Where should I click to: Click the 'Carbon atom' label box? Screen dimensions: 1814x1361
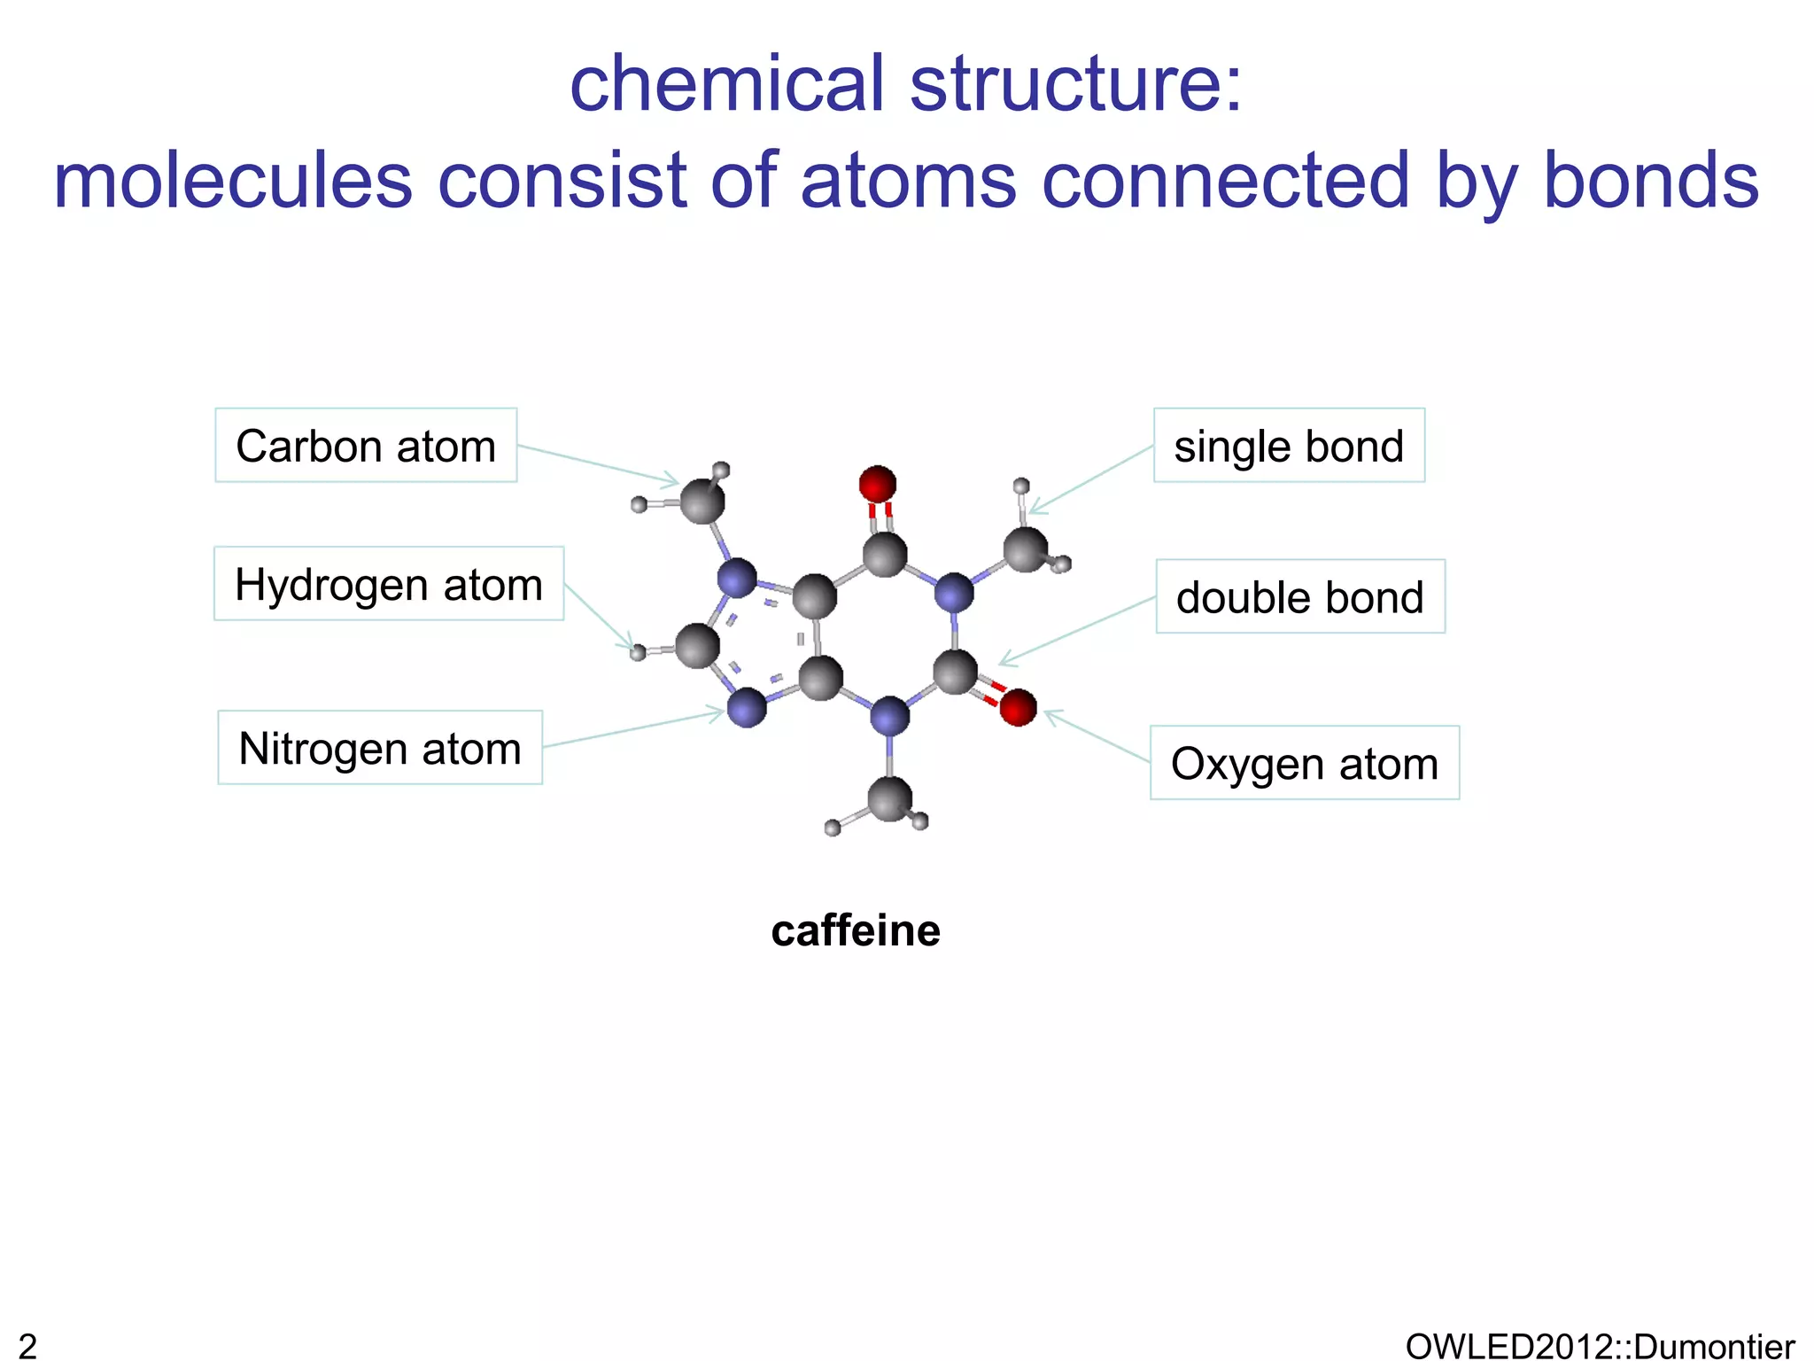pos(366,446)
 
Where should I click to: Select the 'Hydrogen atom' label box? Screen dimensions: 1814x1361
pos(389,584)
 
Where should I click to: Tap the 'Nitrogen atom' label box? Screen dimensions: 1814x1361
pos(380,748)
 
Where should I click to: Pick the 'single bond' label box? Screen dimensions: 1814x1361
pos(1289,446)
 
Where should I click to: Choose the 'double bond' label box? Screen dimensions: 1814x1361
pos(1300,596)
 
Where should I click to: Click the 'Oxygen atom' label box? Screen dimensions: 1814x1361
pos(1305,763)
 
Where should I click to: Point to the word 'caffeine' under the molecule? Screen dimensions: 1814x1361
pos(856,930)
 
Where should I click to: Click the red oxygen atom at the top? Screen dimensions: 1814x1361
pos(878,484)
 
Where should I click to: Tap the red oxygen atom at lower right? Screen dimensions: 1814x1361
pos(1018,707)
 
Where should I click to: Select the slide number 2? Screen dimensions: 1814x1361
pos(27,1346)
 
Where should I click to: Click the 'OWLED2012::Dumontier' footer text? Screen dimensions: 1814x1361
pos(1600,1346)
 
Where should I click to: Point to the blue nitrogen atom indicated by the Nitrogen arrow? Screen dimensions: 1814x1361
pos(747,708)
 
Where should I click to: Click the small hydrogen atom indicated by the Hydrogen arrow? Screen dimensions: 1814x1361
pos(638,653)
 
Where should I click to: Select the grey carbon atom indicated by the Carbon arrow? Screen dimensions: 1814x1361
pos(702,501)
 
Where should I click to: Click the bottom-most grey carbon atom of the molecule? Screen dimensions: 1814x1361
pos(889,798)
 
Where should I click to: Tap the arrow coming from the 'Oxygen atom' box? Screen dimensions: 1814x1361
pos(1097,736)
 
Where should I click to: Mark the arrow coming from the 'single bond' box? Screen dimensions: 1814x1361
pos(1090,479)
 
